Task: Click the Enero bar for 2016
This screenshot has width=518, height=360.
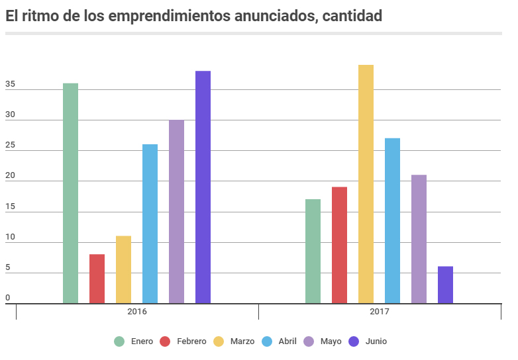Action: tap(70, 193)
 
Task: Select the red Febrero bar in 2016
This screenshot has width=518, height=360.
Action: tap(97, 279)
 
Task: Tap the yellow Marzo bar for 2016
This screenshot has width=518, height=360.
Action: tap(123, 269)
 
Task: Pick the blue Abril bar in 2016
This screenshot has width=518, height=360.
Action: tap(150, 224)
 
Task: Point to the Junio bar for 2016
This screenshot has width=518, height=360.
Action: tap(203, 187)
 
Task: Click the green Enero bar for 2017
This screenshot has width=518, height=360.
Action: tap(313, 251)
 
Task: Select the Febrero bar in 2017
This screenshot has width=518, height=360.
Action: tap(339, 245)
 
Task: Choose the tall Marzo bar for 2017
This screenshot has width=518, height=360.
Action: tap(366, 184)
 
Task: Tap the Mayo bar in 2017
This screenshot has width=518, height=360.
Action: tap(419, 239)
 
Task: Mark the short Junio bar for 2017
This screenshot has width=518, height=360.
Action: tap(445, 285)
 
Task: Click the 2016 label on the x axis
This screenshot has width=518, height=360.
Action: tap(137, 311)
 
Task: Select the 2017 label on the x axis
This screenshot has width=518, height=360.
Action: tap(380, 311)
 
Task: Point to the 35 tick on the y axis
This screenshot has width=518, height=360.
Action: tap(10, 85)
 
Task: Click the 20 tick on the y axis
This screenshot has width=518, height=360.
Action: tap(10, 176)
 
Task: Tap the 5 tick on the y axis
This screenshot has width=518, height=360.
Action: tap(8, 268)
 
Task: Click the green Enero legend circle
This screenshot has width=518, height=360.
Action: tap(119, 341)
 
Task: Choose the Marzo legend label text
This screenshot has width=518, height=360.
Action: tap(242, 341)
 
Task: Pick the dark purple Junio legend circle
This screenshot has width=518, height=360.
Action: tap(354, 341)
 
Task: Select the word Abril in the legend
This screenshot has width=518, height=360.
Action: tap(287, 341)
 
